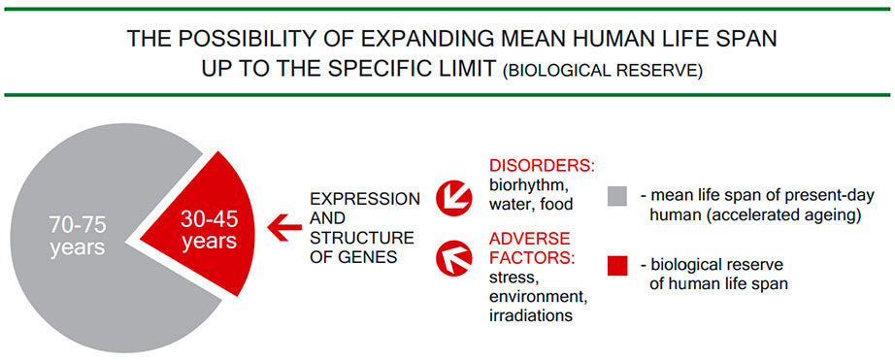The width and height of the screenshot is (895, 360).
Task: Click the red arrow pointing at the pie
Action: click(x=284, y=227)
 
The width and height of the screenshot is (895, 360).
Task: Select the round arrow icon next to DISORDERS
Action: click(x=453, y=197)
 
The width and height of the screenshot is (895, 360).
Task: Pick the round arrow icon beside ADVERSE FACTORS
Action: click(x=453, y=257)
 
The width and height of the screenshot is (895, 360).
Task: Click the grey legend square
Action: click(x=617, y=196)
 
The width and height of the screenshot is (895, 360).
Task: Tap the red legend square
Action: click(x=617, y=266)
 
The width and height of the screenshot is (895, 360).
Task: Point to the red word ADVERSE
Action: click(x=529, y=239)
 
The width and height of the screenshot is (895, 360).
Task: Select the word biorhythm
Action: click(x=527, y=186)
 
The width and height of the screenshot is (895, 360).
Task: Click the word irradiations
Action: click(x=531, y=315)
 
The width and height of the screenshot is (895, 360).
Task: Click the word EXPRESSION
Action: click(x=365, y=199)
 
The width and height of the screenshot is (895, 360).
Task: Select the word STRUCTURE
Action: click(x=361, y=238)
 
